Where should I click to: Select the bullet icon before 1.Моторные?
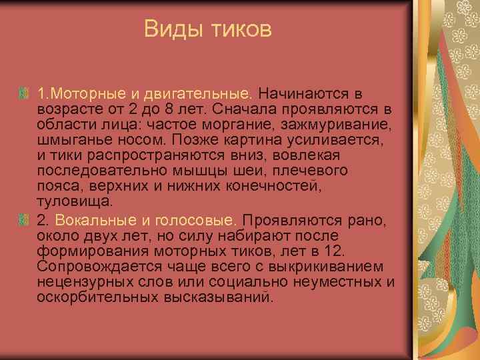pos(25,91)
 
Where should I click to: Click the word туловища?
pos(74,201)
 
